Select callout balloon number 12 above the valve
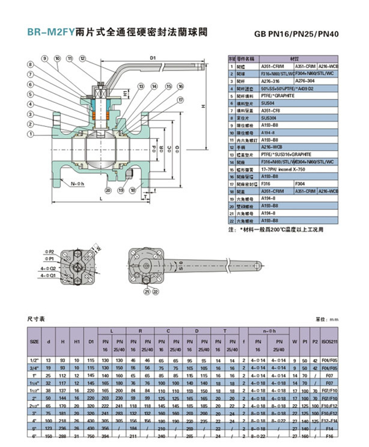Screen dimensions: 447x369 click(x=82, y=58)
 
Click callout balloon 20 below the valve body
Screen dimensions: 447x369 click(x=108, y=190)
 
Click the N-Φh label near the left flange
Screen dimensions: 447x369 click(x=76, y=183)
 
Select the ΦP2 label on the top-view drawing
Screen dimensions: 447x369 click(x=51, y=251)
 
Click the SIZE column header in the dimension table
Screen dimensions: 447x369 click(x=34, y=341)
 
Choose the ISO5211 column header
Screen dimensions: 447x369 click(x=329, y=341)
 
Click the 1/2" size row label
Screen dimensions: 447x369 click(x=34, y=360)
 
